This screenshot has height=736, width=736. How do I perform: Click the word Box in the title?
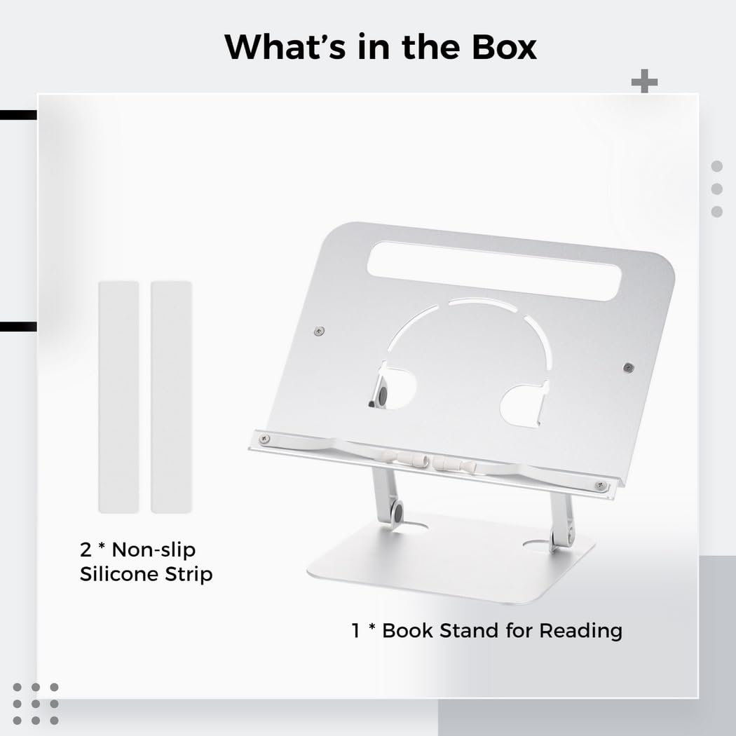[x=504, y=47]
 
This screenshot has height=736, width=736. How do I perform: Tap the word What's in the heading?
[x=285, y=47]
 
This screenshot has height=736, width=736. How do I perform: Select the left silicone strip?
[x=118, y=397]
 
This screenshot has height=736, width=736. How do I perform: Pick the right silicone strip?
[x=171, y=397]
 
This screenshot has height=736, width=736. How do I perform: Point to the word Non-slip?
[x=154, y=550]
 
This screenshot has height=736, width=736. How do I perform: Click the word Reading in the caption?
[x=580, y=631]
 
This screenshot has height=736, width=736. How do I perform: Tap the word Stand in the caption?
[x=469, y=630]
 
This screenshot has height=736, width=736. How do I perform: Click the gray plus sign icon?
[x=644, y=81]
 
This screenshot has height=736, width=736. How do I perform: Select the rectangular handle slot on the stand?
[x=494, y=271]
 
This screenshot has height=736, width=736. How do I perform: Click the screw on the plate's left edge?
[x=319, y=332]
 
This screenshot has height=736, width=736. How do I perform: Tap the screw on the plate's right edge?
[x=629, y=367]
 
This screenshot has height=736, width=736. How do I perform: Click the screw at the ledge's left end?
[x=264, y=439]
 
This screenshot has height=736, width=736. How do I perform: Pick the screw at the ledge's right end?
[x=600, y=485]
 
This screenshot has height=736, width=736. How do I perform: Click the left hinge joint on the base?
[x=397, y=512]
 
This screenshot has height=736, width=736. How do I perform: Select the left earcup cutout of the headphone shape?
[x=393, y=387]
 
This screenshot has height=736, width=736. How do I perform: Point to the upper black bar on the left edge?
[x=18, y=115]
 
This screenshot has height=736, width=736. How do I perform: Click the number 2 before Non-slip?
[x=86, y=550]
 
